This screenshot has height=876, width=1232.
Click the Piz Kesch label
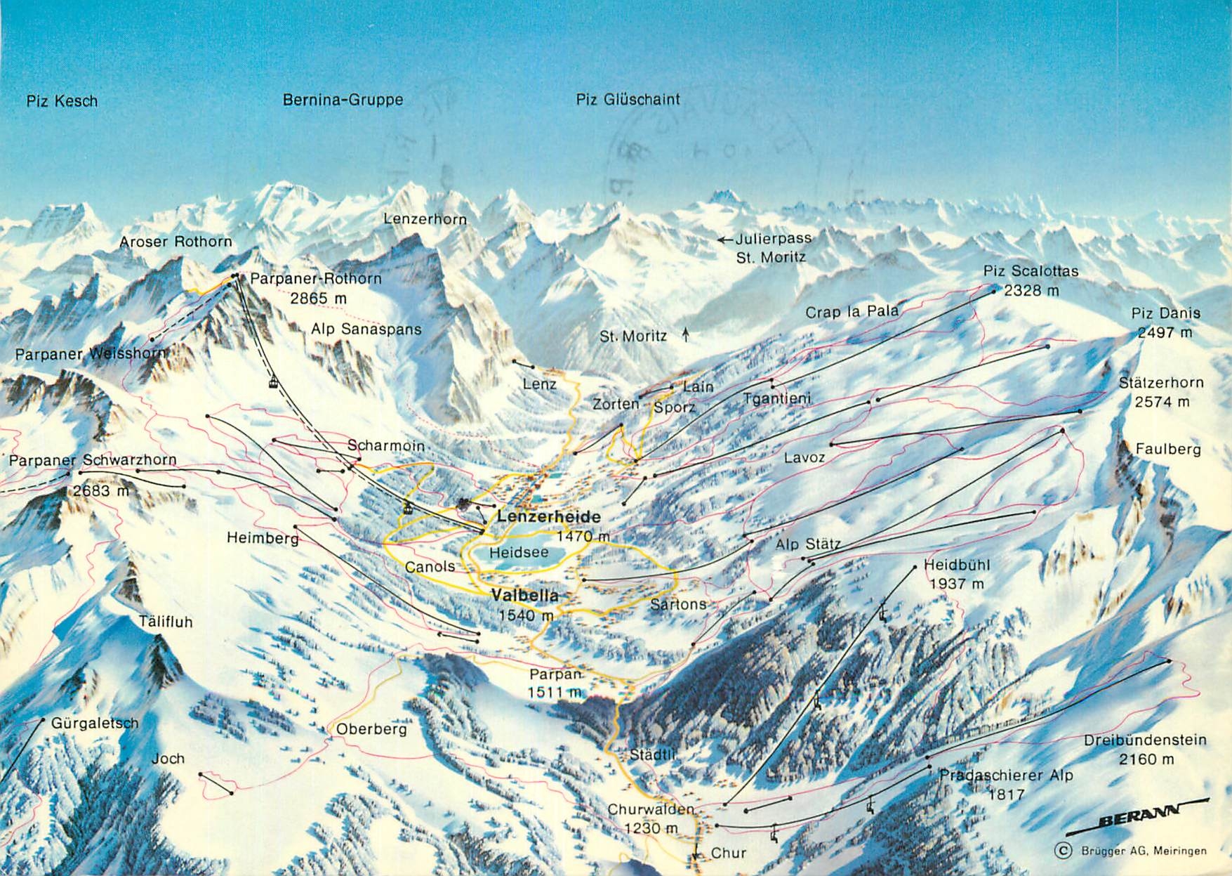coord(62,101)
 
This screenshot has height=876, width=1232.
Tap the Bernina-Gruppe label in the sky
coord(343,100)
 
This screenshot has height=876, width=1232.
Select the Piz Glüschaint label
coord(628,99)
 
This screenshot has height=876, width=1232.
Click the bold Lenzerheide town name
coord(549,517)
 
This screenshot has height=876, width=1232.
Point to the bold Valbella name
coord(525,596)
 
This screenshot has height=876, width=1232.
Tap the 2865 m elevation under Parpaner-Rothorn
coord(319,298)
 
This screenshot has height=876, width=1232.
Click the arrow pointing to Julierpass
coord(725,240)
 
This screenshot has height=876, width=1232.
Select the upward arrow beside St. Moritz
coord(686,335)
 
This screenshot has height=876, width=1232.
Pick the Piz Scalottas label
coord(1031,271)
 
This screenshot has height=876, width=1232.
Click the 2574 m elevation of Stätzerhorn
coord(1163,402)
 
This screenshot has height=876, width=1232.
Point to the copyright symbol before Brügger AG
coord(1064,851)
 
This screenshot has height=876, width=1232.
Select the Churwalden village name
coord(650,809)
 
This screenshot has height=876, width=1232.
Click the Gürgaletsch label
coord(95,723)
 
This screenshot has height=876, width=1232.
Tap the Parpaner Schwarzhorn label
coord(93,460)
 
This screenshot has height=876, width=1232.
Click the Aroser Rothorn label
coord(175,242)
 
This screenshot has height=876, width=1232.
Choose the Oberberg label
coord(371,729)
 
